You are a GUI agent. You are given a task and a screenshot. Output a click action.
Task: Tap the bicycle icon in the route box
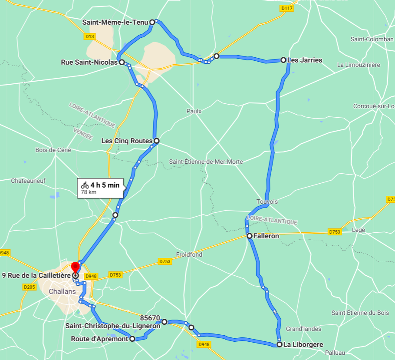pos(85,185)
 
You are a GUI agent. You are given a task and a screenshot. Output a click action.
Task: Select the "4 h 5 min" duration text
pos(105,185)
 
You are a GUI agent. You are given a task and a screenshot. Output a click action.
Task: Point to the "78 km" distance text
pos(89,192)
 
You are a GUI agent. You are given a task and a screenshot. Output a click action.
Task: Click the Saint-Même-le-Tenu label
pos(115,22)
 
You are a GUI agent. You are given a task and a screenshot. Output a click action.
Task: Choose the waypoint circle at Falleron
pos(250,236)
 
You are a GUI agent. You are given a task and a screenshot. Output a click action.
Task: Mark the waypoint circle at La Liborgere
pos(280,344)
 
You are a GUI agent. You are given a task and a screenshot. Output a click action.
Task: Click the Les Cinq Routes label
pos(127,141)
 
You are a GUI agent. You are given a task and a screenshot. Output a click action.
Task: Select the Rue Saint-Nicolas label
pos(89,62)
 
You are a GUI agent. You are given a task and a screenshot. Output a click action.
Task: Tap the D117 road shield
pos(286,8)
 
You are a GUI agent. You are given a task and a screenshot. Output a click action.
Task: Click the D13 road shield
pos(90,36)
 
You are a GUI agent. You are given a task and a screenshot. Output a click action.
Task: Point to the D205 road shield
pos(30,287)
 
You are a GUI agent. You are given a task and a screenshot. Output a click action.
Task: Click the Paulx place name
pos(194,111)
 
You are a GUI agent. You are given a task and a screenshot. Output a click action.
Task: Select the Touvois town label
pos(267,202)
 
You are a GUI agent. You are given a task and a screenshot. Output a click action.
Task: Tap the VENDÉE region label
pos(83,133)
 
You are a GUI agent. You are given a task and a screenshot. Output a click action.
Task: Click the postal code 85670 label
pos(151,317)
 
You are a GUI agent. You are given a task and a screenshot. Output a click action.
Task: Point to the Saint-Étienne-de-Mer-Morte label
pos(206,162)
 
